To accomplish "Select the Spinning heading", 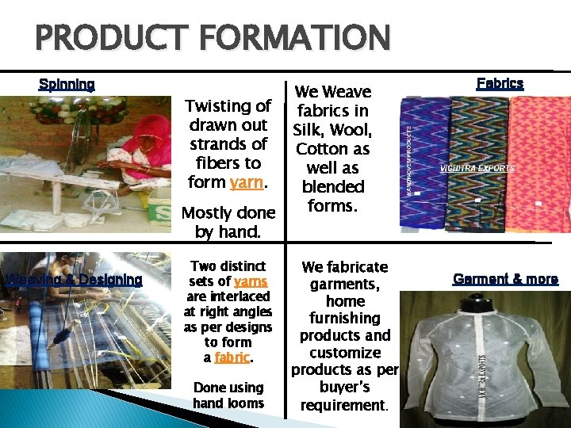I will point(67,85).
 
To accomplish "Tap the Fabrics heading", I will point(500,82).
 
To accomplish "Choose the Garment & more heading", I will point(505,279).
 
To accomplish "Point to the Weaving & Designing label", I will point(74,279).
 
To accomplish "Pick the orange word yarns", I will point(250,281).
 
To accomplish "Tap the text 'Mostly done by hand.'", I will point(228,223).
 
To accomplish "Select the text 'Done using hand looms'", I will point(228,395).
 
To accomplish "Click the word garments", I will point(344,284).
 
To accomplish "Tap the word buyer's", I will point(345,388).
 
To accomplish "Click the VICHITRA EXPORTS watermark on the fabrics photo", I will point(477,168).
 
